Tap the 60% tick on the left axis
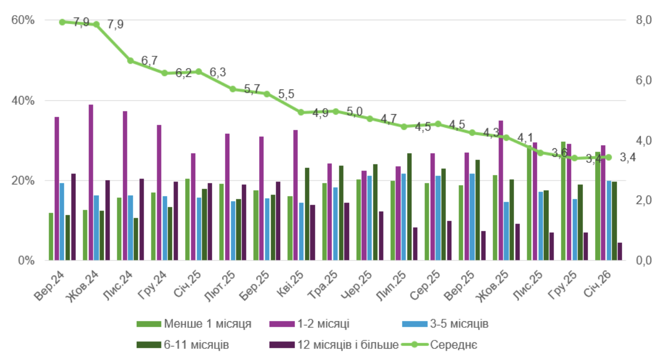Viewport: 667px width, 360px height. [x=24, y=21]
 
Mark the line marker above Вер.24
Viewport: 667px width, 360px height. [x=62, y=22]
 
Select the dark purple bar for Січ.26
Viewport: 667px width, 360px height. [x=620, y=251]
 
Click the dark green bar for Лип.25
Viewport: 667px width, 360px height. [x=409, y=207]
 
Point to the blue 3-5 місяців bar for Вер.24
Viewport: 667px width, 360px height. [x=62, y=221]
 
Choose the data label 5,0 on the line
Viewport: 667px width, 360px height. [x=355, y=112]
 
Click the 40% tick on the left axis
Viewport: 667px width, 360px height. [x=24, y=101]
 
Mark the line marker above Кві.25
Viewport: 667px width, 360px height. [x=301, y=113]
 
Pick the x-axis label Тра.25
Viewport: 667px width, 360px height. [x=322, y=285]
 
